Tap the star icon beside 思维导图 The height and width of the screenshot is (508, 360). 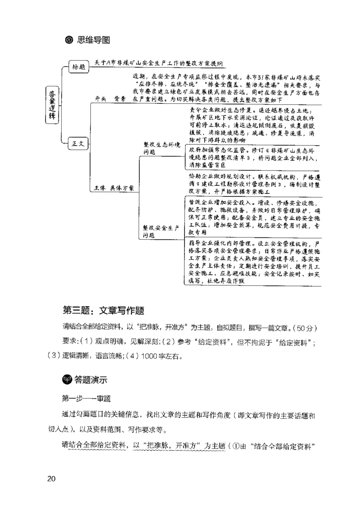point(68,40)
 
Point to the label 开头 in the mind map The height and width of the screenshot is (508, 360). point(100,99)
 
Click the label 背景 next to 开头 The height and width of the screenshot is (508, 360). point(119,99)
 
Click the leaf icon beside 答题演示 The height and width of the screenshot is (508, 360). point(67,380)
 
